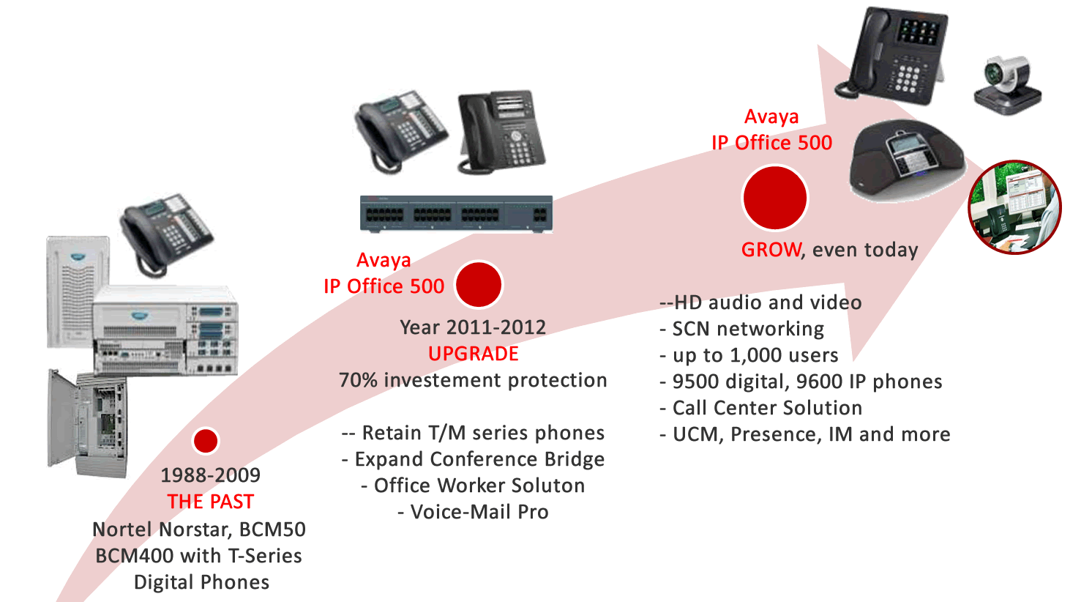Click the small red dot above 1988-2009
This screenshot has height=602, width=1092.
[x=206, y=441]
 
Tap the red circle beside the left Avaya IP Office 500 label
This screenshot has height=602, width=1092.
[x=479, y=284]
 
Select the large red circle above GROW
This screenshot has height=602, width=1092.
[x=774, y=198]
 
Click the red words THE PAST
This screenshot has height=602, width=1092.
[x=210, y=502]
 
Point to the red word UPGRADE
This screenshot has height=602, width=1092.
[x=473, y=354]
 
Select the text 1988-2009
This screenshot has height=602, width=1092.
[x=210, y=475]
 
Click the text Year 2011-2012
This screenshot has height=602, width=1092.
[x=473, y=327]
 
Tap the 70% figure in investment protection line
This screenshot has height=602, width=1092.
[x=358, y=380]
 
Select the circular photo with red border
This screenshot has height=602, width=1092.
[x=1014, y=207]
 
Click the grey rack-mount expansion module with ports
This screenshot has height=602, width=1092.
[x=456, y=214]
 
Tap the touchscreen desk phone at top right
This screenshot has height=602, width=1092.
[x=897, y=55]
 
